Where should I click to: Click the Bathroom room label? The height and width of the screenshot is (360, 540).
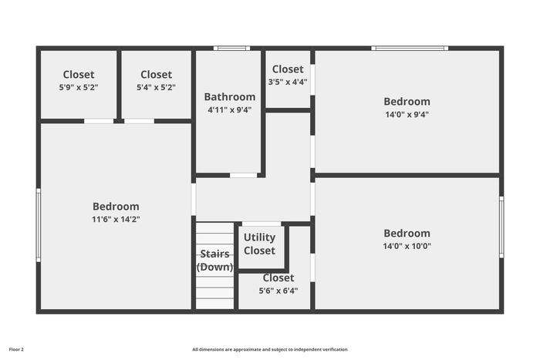pos(230,96)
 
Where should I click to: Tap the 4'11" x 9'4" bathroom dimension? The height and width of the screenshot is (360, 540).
pos(230,109)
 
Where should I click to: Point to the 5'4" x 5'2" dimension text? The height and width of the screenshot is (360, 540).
pos(156,87)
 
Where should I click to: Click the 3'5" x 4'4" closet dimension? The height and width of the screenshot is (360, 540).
pos(288,82)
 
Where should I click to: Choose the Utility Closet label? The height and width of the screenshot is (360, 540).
pos(259,244)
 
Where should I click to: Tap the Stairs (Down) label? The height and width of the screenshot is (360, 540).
pos(214,261)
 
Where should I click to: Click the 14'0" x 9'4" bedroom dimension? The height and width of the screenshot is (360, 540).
pos(407,114)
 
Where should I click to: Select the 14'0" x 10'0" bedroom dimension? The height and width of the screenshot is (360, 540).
pos(407,246)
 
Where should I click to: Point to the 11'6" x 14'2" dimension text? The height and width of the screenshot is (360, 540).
pos(116,219)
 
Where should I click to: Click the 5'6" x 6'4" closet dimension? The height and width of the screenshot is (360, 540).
pos(278,291)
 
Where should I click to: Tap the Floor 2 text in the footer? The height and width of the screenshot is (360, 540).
pos(16,349)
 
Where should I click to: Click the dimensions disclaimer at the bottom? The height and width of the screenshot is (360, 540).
pos(270,349)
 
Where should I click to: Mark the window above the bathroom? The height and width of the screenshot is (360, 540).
pos(231,49)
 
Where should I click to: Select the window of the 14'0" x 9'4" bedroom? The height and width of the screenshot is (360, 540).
pos(410,49)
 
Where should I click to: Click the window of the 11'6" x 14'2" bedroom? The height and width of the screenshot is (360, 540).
pos(39,225)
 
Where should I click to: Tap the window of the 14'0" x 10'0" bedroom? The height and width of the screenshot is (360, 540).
pos(501,227)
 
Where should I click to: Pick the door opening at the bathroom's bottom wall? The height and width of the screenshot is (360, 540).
pos(243,176)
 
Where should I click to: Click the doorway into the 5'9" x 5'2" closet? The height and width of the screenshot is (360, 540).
pos(99,121)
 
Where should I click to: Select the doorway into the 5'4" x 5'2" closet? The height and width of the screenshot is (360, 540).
pos(139,121)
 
